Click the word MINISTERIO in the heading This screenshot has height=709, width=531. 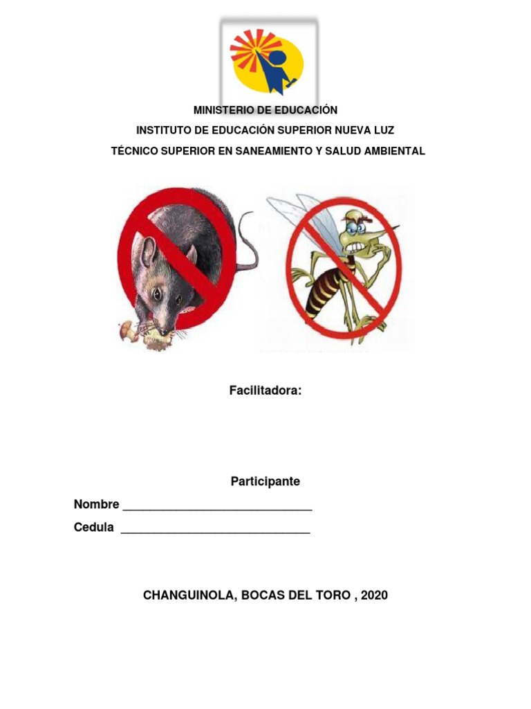[x=220, y=110]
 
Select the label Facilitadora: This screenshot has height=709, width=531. [x=265, y=391]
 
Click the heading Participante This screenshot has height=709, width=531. [x=265, y=482]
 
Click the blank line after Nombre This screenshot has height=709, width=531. [x=217, y=509]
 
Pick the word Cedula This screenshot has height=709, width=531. [x=94, y=528]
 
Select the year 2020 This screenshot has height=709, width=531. [x=374, y=595]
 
